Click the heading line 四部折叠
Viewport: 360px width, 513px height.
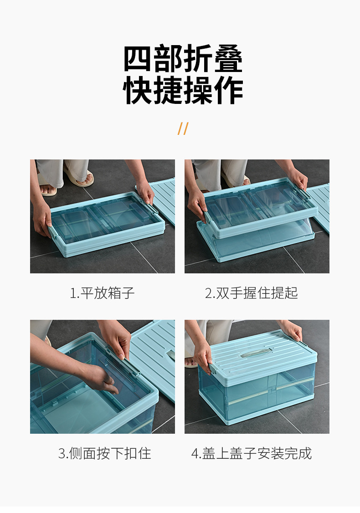point(183,60)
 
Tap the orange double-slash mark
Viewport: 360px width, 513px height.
point(183,128)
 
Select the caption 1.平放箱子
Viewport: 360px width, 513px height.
point(102,293)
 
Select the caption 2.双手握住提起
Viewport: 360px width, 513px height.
point(251,293)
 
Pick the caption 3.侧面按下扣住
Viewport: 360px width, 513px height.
point(104,453)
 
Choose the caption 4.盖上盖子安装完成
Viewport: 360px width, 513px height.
point(251,453)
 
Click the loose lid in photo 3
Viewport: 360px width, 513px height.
point(155,355)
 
